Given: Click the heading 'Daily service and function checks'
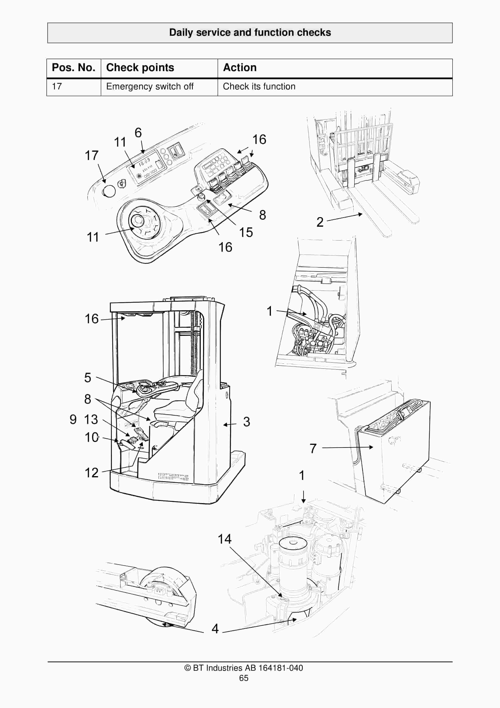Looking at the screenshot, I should [x=250, y=32].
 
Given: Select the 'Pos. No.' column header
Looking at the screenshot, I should [x=74, y=68].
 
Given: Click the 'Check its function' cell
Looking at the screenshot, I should [x=259, y=86].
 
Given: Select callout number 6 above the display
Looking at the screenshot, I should [x=138, y=133].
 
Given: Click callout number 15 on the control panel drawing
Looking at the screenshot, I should [x=246, y=233].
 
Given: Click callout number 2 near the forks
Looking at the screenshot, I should [x=320, y=222].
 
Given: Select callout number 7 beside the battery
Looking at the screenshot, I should [x=313, y=448].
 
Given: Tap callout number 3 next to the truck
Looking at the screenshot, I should [x=246, y=422].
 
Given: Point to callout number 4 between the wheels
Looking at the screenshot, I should [x=215, y=628].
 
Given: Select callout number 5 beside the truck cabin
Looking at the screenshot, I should [x=88, y=377].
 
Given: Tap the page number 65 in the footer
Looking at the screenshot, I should [x=243, y=678].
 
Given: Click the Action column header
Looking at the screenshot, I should [x=240, y=68].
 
